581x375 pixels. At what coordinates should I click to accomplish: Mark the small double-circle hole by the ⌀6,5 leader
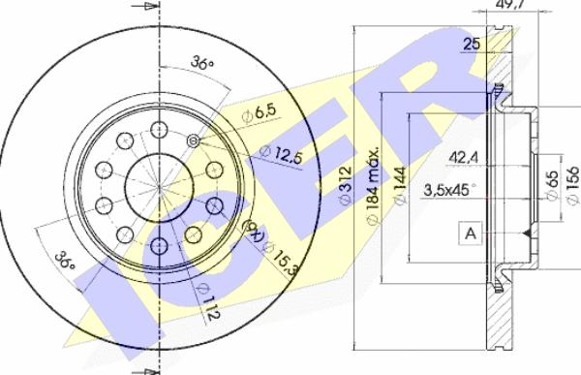(x=193, y=141)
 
